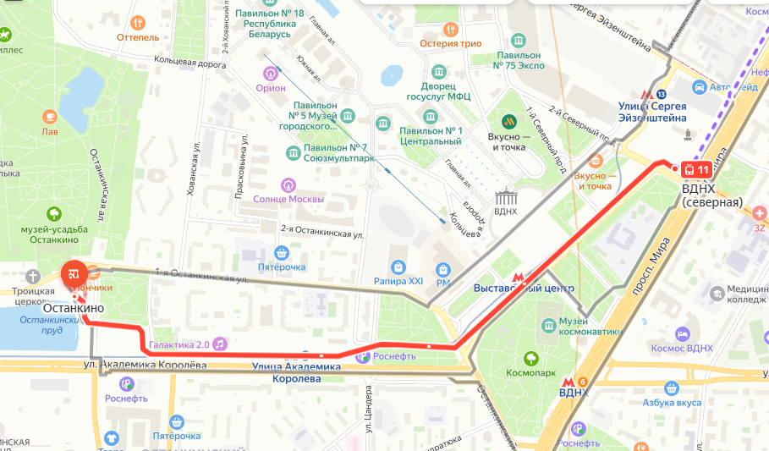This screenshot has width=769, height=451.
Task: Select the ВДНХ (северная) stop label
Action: coord(711,195)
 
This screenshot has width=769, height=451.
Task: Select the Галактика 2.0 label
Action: coord(179,344)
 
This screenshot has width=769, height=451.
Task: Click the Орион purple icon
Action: coord(271,73)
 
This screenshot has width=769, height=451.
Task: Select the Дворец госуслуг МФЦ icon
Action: coord(438,71)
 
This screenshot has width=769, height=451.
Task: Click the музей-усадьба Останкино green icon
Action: coord(55,215)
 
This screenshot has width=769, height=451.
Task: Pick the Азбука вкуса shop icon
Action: coord(673,388)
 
